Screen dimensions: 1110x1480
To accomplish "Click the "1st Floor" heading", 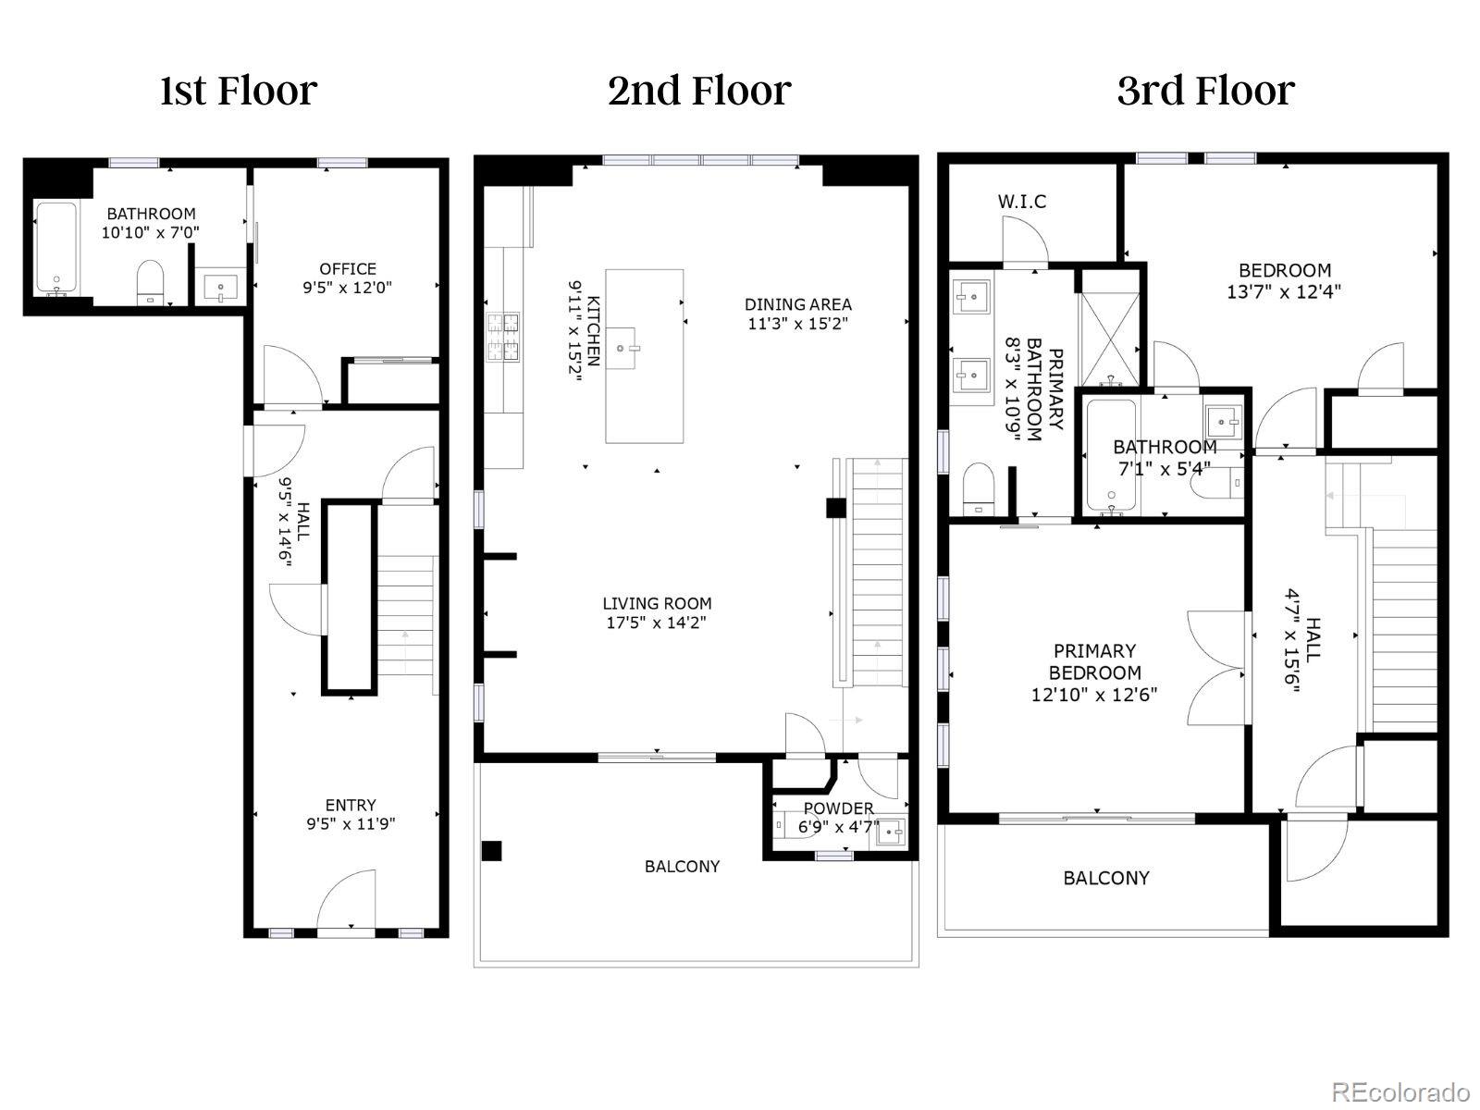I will click(238, 91).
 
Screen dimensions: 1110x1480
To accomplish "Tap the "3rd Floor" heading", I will click(1205, 91).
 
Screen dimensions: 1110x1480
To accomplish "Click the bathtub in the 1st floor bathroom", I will click(55, 248).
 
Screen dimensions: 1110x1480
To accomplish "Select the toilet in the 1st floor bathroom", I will click(149, 281).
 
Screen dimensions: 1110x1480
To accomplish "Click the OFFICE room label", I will click(347, 268).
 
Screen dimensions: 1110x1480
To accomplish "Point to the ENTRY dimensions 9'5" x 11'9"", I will click(351, 823).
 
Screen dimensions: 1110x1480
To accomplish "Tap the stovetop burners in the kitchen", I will click(502, 336).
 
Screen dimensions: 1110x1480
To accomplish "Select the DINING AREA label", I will click(797, 303).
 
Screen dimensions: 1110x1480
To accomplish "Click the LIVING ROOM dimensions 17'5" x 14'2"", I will click(657, 623).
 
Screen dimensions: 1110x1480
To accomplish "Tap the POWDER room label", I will click(838, 808).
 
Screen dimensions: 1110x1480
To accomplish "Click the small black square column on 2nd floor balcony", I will click(491, 850).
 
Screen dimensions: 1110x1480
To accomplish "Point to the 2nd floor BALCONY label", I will click(682, 866).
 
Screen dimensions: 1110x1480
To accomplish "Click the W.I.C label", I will click(1022, 201).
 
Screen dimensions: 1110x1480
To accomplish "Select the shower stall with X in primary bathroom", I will click(1112, 325).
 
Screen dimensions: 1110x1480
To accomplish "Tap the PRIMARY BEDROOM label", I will click(1094, 661).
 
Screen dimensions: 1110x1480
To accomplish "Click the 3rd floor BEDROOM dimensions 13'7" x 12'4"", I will click(1284, 290).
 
